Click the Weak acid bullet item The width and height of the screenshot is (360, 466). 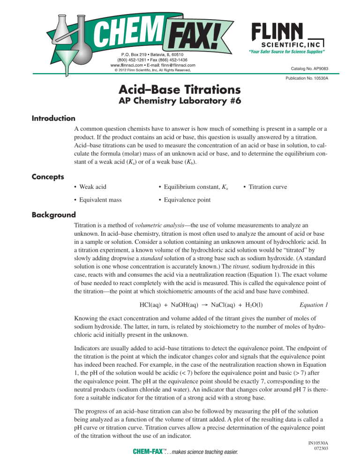click(x=93, y=187)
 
